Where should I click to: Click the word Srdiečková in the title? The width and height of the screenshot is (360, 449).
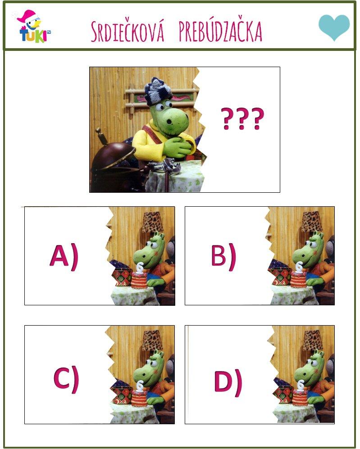[x=128, y=31]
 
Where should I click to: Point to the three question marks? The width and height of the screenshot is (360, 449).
[x=242, y=118]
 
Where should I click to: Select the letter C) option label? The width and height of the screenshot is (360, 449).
[x=66, y=379]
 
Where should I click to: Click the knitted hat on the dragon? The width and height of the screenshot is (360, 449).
[x=159, y=91]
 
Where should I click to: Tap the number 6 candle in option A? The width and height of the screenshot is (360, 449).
[x=140, y=268]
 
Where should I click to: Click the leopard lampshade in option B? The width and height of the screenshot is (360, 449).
[x=312, y=222]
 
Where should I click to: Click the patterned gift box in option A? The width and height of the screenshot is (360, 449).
[x=122, y=277]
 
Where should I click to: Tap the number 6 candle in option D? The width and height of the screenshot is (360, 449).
[x=301, y=385]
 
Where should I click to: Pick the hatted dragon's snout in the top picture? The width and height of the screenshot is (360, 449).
[x=177, y=120]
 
